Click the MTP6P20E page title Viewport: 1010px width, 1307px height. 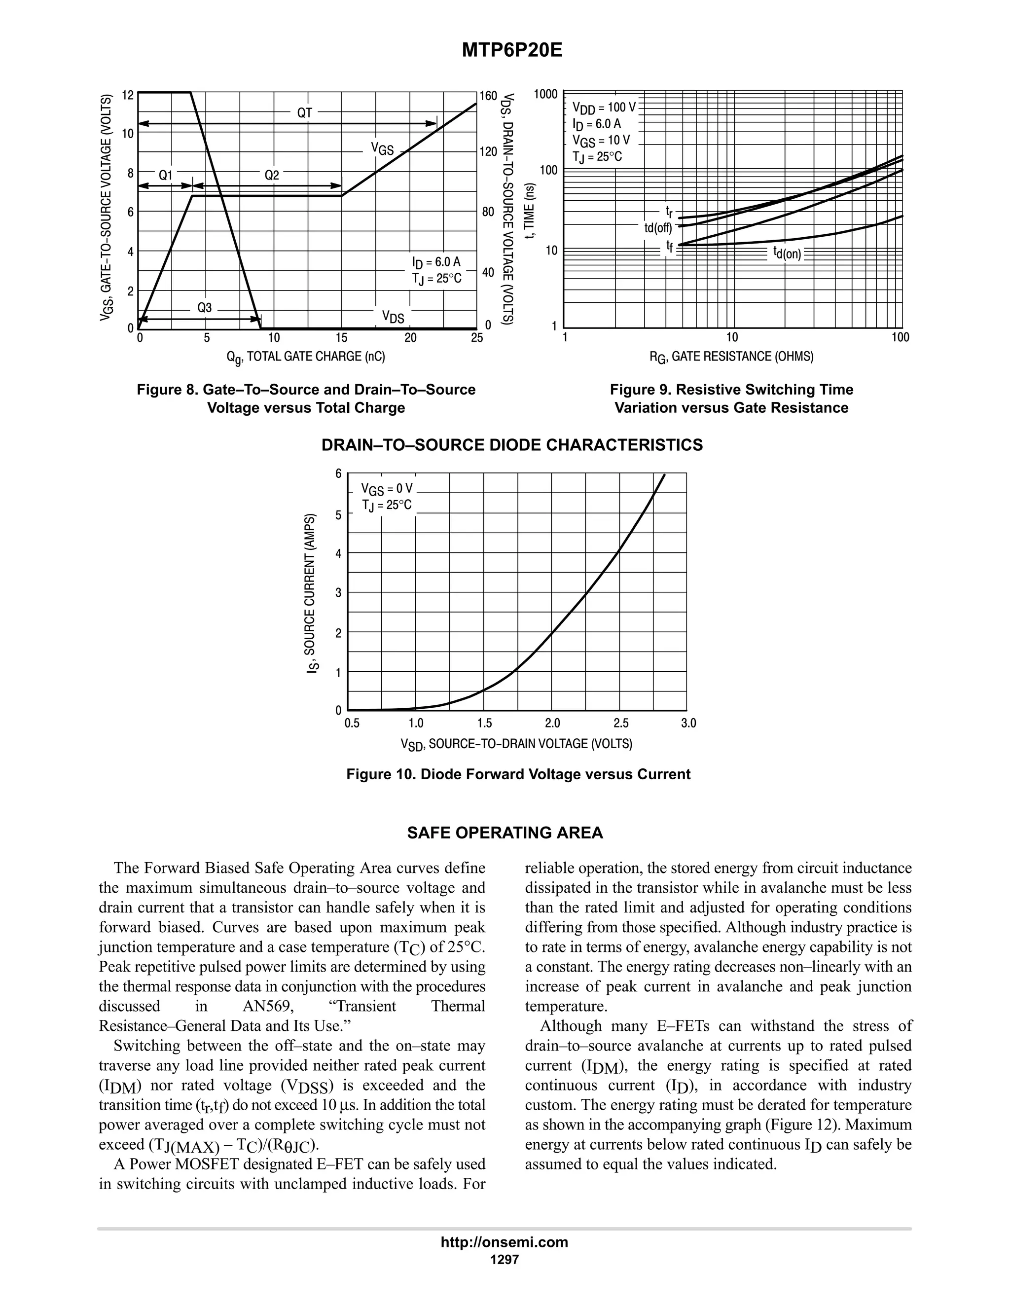click(x=511, y=51)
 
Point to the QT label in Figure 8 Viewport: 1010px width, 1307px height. click(x=305, y=112)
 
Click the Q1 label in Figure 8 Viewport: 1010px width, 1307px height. click(x=165, y=176)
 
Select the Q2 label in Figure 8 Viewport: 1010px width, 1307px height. click(x=272, y=176)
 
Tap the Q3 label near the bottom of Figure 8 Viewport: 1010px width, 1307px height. click(x=204, y=308)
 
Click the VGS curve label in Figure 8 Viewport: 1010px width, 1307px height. click(x=382, y=149)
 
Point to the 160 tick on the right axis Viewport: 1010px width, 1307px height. click(x=488, y=96)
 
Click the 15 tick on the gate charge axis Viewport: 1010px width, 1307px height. click(x=341, y=338)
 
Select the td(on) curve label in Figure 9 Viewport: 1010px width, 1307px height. click(x=786, y=253)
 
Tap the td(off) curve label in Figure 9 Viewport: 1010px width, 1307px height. click(x=657, y=228)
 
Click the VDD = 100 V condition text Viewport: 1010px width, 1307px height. click(x=604, y=109)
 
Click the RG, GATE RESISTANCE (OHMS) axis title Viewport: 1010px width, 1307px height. click(x=731, y=357)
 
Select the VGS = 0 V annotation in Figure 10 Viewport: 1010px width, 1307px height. click(x=387, y=490)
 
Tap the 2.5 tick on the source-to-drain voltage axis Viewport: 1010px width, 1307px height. click(x=621, y=724)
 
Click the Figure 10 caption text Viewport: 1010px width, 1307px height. click(x=518, y=774)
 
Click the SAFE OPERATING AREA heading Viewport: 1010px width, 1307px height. click(x=505, y=833)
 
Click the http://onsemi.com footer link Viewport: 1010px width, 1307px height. click(x=504, y=1242)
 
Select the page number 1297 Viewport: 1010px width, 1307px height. click(x=504, y=1260)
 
